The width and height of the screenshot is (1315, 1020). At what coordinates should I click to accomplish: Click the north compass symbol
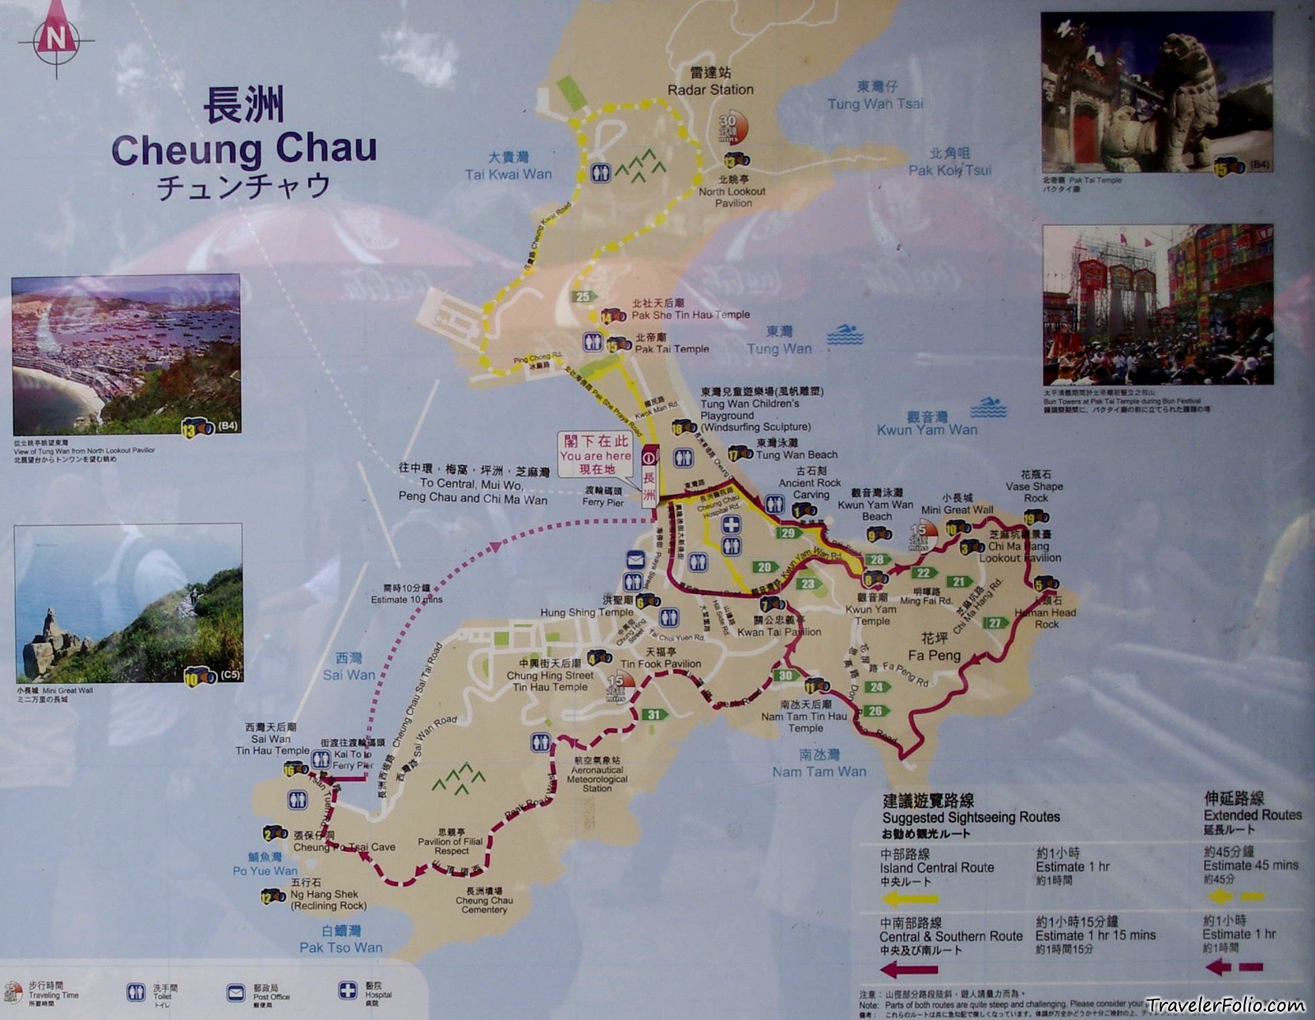click(56, 37)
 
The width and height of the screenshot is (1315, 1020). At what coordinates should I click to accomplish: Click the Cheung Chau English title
click(244, 150)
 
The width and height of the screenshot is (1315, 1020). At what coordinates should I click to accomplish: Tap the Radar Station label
click(710, 90)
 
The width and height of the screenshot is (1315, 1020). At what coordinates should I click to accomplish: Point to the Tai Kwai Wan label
click(508, 174)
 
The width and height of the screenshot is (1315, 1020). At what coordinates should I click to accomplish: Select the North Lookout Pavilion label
click(731, 196)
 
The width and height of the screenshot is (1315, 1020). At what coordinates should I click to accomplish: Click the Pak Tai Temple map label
click(671, 348)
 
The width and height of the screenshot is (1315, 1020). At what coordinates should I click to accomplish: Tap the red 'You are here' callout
click(595, 455)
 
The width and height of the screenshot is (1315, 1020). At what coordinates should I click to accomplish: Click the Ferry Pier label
click(603, 501)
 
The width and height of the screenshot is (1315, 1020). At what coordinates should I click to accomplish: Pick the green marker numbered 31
click(653, 714)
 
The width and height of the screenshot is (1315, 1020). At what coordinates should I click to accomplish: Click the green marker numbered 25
click(583, 297)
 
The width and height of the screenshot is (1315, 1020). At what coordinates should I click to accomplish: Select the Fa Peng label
click(934, 655)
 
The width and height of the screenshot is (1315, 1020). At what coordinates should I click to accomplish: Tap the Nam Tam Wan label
click(819, 771)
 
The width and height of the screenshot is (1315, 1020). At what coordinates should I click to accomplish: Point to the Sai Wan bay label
click(348, 675)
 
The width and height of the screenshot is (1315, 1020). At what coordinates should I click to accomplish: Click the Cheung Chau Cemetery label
click(484, 905)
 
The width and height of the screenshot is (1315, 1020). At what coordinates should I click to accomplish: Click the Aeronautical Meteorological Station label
click(598, 779)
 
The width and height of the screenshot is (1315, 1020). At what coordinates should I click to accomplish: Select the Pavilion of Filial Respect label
click(450, 846)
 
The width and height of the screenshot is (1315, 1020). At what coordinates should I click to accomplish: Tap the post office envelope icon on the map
click(634, 561)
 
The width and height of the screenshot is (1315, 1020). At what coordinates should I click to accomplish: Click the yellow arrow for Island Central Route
click(908, 899)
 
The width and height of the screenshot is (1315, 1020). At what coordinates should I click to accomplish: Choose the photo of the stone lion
click(1156, 92)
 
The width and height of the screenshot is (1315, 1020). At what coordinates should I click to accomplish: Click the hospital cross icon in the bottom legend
click(348, 990)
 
